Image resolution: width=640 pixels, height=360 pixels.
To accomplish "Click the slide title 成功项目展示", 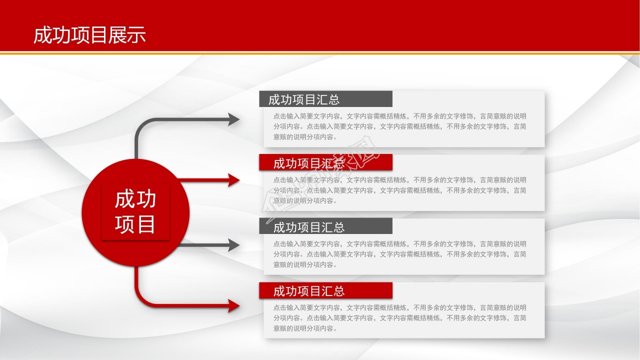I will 89,35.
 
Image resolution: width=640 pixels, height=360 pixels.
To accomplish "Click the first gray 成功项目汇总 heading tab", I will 325,99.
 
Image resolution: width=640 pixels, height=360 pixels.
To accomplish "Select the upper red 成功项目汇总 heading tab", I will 325,162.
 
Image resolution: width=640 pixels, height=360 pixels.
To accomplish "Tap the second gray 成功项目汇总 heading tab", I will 325,226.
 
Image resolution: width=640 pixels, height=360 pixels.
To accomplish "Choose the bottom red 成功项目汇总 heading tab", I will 325,290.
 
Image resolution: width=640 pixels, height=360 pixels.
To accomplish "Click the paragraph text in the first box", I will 399,126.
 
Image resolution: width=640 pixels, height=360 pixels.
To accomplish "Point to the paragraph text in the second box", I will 399,190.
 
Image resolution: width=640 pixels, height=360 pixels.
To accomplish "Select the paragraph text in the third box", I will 399,254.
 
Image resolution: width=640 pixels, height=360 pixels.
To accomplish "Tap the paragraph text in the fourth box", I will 399,318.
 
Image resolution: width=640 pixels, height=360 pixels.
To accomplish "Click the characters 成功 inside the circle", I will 135,199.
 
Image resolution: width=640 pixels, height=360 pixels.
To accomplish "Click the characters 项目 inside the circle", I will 135,224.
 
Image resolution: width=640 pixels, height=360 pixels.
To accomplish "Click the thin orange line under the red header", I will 320,52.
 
